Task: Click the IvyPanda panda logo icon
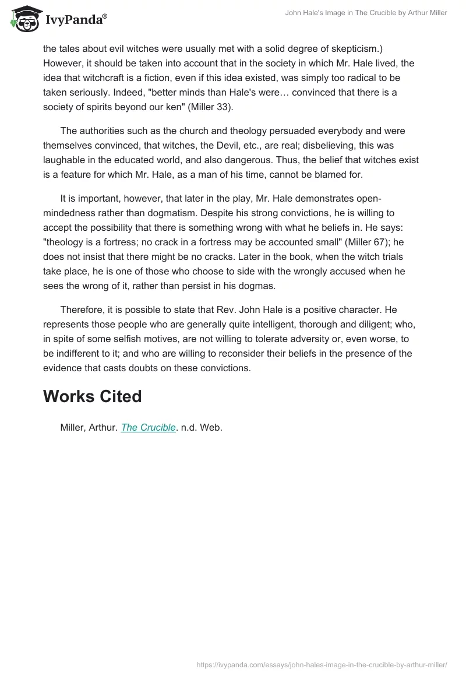(24, 18)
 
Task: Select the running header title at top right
(366, 13)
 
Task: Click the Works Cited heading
(92, 396)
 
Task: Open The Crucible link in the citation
(148, 427)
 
